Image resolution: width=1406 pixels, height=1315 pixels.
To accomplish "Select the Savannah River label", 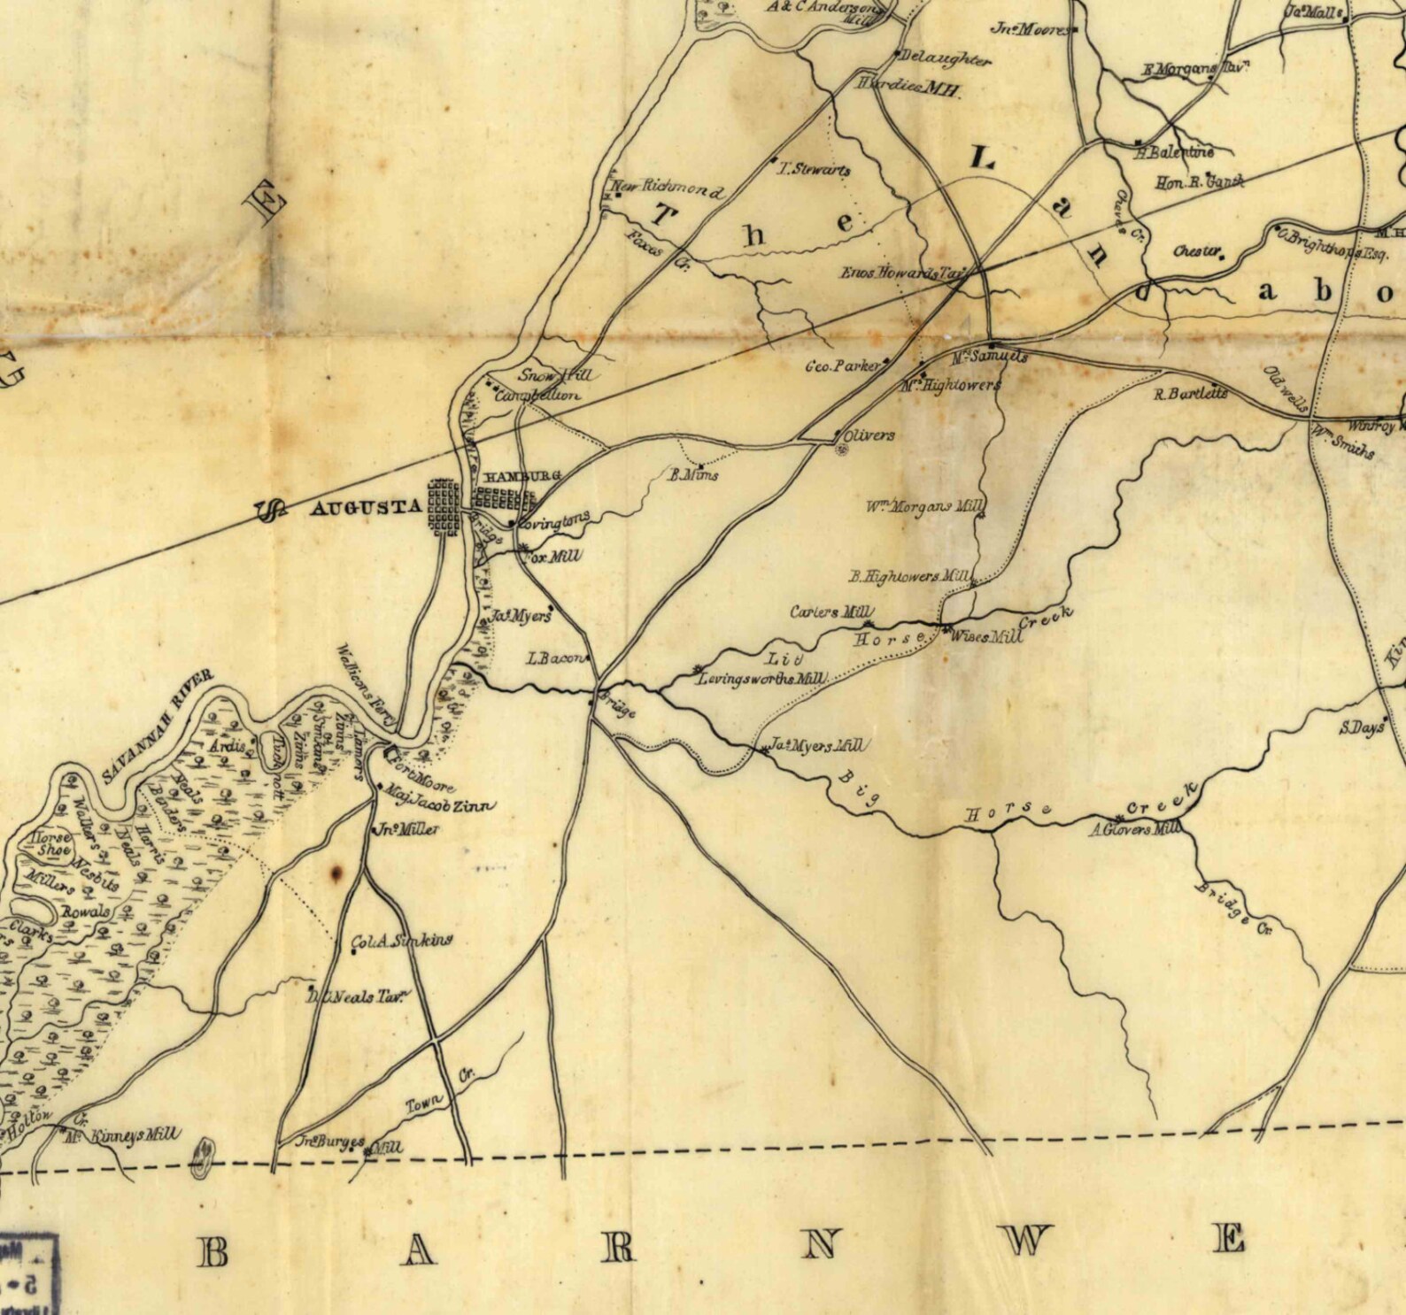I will click(158, 727).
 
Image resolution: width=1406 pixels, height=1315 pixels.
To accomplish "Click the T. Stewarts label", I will click(813, 169).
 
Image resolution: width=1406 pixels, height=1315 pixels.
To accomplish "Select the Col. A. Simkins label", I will click(402, 942).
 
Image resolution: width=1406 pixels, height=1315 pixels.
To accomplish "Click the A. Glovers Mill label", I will click(1134, 829).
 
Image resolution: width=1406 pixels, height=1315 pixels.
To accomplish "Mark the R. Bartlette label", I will click(1190, 393).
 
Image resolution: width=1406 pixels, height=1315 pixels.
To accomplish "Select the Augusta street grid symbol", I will click(444, 507).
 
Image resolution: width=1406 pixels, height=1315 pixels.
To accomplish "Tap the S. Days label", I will click(1361, 728).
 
